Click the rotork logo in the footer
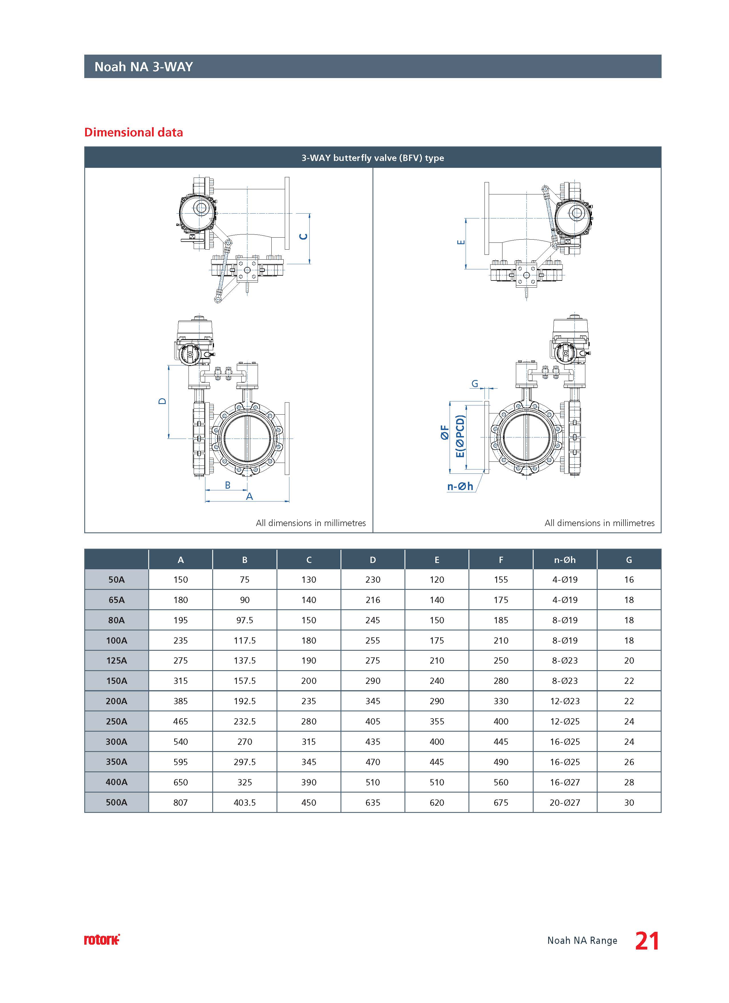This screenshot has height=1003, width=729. [102, 940]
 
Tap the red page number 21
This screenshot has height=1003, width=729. [647, 941]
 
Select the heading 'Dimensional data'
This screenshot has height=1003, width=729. [133, 132]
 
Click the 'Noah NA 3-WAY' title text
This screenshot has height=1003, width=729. [144, 67]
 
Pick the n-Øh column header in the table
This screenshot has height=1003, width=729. [565, 560]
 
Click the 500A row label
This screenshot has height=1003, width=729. [116, 802]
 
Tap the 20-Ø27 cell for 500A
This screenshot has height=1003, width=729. [565, 802]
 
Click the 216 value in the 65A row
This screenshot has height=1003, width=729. [372, 600]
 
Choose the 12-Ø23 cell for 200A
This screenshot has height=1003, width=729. [565, 701]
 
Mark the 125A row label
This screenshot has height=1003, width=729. [116, 661]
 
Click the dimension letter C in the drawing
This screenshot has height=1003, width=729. [304, 237]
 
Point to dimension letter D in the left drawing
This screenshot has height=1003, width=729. [163, 401]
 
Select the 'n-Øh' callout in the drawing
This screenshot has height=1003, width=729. [460, 486]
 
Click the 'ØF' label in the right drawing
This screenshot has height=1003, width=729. [445, 433]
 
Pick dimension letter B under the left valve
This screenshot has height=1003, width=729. [228, 485]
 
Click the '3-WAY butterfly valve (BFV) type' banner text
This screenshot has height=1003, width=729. [372, 158]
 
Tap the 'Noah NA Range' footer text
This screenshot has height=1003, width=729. [582, 941]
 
